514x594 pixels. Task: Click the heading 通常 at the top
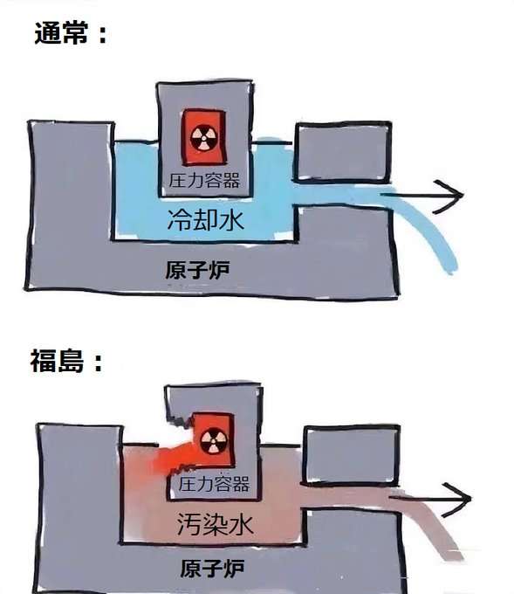point(61,32)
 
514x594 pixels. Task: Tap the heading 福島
point(57,360)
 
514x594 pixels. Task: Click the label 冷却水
point(206,220)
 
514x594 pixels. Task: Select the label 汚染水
point(215,525)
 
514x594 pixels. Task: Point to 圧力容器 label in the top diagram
point(204,181)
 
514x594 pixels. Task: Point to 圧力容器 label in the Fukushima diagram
point(214,484)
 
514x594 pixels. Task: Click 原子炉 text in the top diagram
point(197,270)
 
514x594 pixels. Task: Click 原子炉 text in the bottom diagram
point(212,569)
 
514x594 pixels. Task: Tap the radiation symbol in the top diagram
point(203,138)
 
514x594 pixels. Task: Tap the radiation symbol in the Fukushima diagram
point(214,441)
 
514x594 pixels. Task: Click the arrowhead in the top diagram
point(449,196)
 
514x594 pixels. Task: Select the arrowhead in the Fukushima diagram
point(457,500)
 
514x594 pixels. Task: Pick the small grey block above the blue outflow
point(343,152)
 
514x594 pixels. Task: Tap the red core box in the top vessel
point(204,137)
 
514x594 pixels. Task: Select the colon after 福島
point(98,362)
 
